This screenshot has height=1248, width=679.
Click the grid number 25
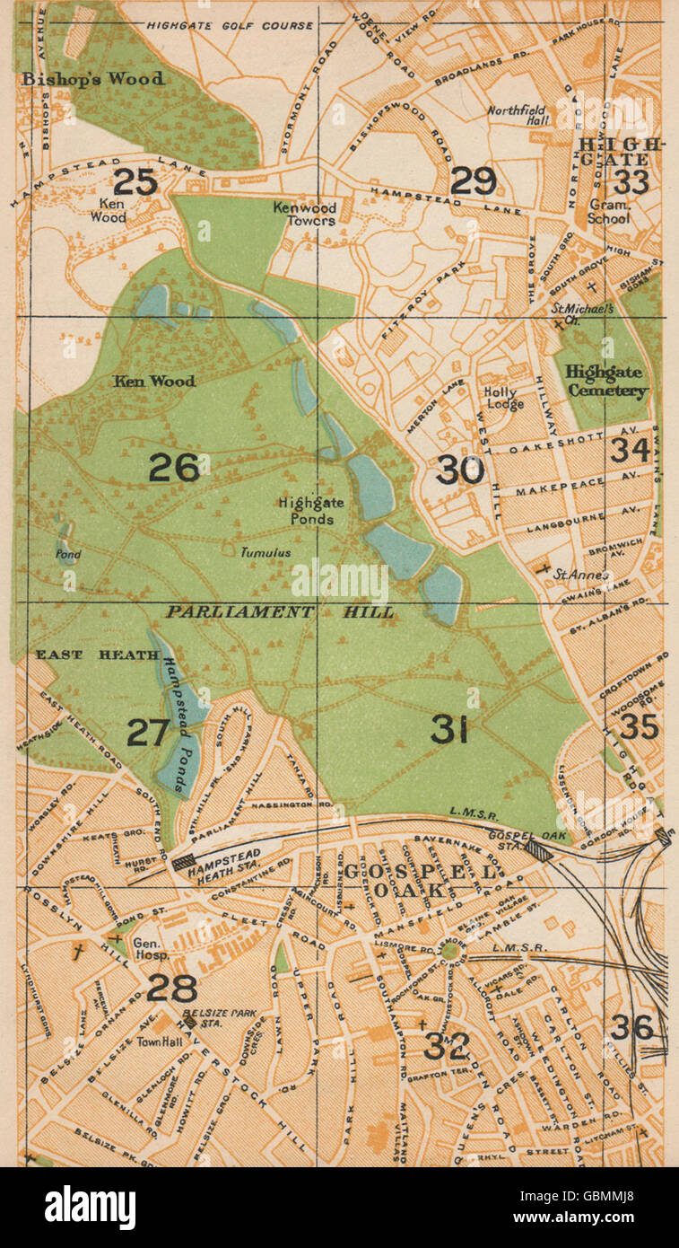[136, 182]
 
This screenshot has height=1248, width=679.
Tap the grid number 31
[450, 729]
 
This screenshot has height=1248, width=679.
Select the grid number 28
[171, 988]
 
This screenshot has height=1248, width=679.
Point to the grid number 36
[631, 1027]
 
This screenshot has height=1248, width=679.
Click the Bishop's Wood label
[93, 79]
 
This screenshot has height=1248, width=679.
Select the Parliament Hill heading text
[279, 612]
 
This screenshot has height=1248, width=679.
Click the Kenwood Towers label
[305, 214]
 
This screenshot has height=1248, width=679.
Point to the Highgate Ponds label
[306, 512]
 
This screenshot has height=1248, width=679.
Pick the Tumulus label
[265, 554]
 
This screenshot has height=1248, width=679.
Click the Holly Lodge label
[505, 398]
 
